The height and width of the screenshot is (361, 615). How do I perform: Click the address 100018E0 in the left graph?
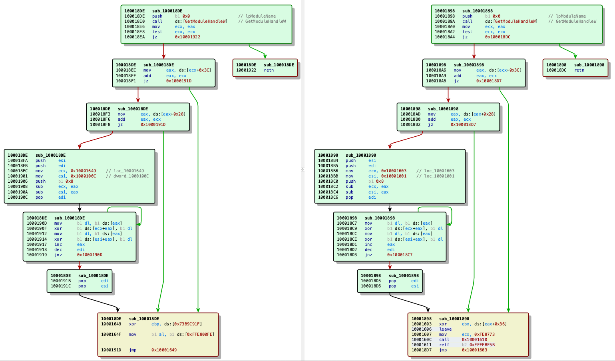click(135, 22)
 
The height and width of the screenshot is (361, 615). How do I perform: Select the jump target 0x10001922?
click(187, 37)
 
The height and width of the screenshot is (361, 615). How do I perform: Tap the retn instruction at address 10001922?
click(269, 70)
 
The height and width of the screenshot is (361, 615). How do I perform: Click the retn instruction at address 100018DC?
click(579, 70)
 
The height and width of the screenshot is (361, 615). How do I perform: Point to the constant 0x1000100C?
click(84, 176)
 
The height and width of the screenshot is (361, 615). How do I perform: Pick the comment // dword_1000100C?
click(127, 176)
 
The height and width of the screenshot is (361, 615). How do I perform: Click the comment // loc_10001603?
click(436, 171)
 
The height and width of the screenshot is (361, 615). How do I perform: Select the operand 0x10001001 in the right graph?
click(394, 176)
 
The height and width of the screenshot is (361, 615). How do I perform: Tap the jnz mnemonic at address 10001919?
click(58, 255)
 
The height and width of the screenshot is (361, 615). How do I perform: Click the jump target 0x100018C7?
click(400, 255)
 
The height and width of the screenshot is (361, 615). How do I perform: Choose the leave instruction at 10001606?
click(445, 329)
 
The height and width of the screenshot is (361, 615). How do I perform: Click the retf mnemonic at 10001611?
click(444, 345)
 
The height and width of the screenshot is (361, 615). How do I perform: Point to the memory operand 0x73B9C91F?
click(187, 324)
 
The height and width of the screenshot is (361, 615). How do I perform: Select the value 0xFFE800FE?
click(199, 335)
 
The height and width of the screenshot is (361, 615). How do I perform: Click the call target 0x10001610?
click(474, 339)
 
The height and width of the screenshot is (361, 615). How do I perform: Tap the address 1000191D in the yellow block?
click(111, 350)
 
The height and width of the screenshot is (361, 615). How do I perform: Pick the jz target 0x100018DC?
click(498, 37)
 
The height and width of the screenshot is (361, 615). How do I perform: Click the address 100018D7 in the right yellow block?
click(422, 350)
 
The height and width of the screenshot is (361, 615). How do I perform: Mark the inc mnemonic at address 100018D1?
click(368, 245)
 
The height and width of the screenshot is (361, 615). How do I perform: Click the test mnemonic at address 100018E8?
click(157, 32)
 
